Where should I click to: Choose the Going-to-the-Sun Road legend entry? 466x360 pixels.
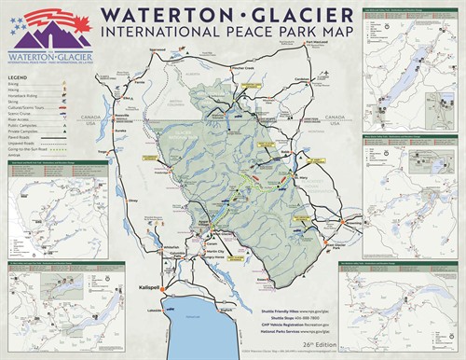point(33,147)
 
